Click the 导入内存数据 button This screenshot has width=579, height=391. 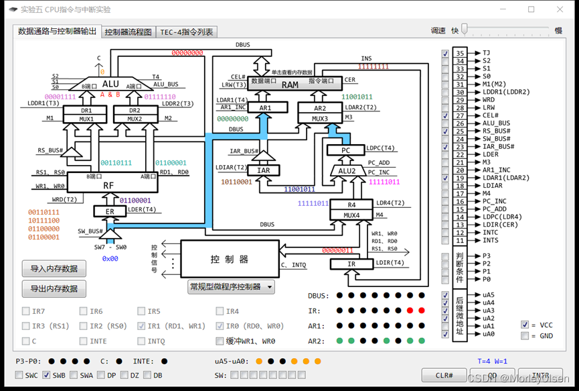click(54, 269)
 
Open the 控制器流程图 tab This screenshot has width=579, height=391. click(129, 32)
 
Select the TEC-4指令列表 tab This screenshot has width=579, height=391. click(187, 32)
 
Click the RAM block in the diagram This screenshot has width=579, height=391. click(290, 85)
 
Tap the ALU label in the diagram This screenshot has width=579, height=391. click(110, 84)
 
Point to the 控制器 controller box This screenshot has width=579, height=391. click(230, 259)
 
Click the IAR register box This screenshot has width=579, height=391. click(264, 170)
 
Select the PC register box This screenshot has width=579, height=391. click(345, 150)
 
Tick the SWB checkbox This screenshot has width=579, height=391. click(47, 375)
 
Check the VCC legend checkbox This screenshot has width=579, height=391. click(525, 325)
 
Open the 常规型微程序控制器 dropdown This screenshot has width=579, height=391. click(231, 287)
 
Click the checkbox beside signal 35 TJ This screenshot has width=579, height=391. click(446, 53)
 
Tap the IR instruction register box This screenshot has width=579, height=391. click(351, 264)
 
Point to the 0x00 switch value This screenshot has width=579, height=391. click(110, 258)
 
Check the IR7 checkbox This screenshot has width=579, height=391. click(26, 311)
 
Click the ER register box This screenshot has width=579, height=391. click(110, 211)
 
